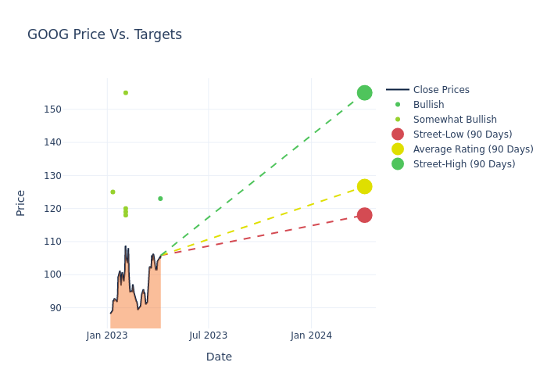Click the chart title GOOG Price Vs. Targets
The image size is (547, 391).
pos(105,34)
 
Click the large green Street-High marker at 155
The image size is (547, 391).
pos(364,93)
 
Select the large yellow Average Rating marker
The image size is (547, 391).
pos(364,186)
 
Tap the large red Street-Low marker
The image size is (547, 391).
pos(364,215)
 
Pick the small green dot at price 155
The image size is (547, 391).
pos(126,93)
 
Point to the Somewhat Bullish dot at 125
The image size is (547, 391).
pos(113,192)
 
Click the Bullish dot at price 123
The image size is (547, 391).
pos(160,199)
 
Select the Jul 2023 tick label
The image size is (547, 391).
pos(209,335)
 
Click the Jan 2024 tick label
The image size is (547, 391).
pos(311,335)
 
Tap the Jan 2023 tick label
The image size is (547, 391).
pos(107,335)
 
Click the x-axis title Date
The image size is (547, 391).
pos(219,357)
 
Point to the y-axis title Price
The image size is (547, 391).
pos(21,203)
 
